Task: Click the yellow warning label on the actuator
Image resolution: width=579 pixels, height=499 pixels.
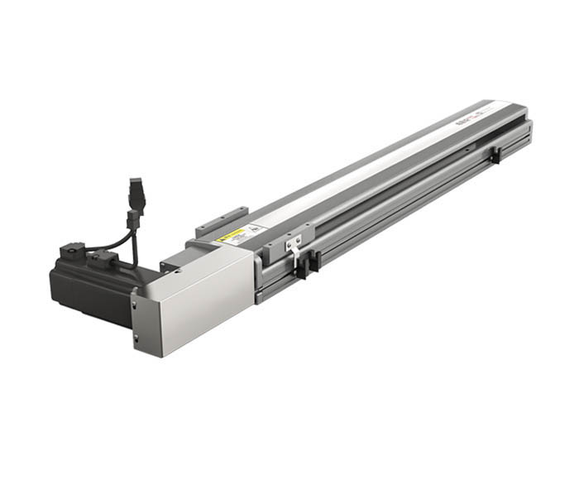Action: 232,235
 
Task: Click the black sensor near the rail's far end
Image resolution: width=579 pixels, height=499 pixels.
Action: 494,155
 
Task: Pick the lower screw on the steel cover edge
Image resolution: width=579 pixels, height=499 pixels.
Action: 136,337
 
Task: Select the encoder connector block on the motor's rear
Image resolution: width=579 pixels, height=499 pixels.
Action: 71,250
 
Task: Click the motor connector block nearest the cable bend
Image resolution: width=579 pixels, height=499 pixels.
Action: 103,257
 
